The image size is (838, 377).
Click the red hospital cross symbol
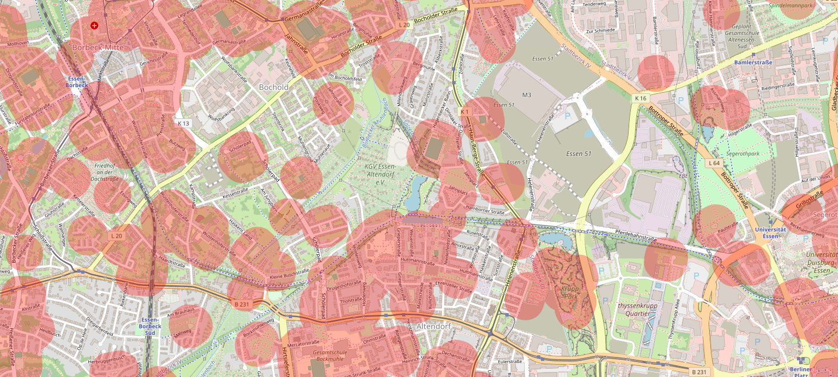(94, 26)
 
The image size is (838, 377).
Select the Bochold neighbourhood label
(274, 88)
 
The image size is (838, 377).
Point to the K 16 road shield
(641, 98)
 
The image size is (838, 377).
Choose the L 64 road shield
(714, 163)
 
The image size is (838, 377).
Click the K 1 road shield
(465, 112)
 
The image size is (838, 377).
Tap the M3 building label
(526, 95)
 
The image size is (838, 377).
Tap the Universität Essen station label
(770, 233)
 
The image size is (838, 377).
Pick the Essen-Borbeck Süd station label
(151, 326)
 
